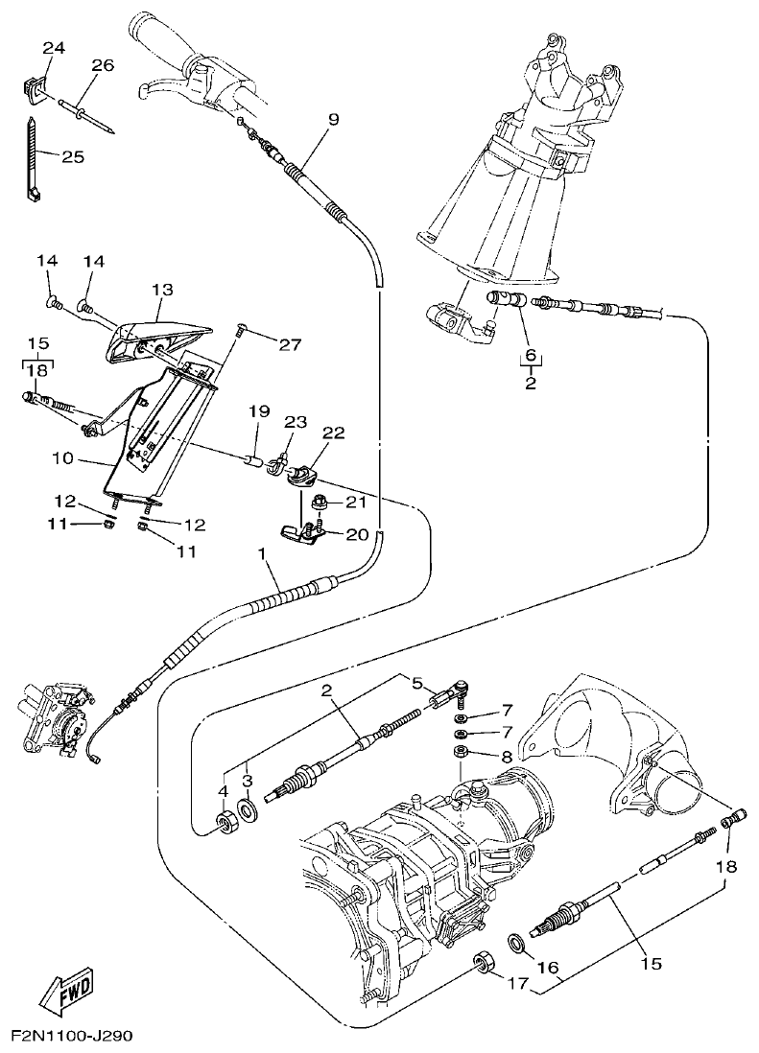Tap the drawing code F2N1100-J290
[71, 1037]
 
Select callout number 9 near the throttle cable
[333, 120]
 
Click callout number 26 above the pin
[102, 65]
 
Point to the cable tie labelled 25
[32, 158]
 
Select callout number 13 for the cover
[161, 289]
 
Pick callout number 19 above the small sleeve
[259, 411]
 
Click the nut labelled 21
[323, 502]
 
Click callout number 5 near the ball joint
[416, 683]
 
